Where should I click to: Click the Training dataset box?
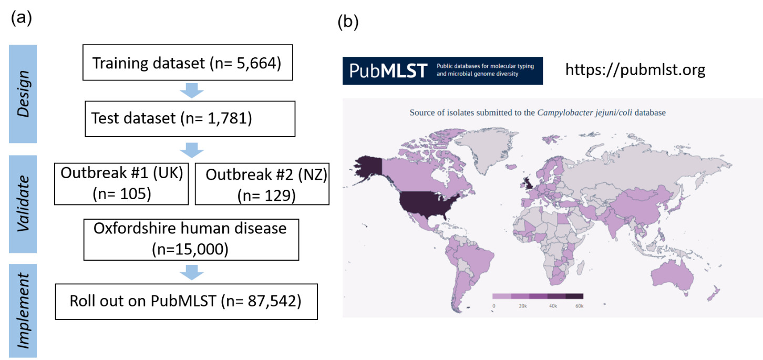point(187,64)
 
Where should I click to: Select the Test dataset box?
point(172,118)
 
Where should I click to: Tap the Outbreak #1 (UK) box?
point(121,183)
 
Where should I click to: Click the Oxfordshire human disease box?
point(191,239)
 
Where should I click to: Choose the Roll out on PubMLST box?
point(185,301)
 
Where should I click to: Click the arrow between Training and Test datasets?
point(192,90)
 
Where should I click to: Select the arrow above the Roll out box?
point(192,272)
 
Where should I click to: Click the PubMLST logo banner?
point(442,70)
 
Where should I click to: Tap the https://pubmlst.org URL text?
point(635,70)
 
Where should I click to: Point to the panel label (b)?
point(348,22)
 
